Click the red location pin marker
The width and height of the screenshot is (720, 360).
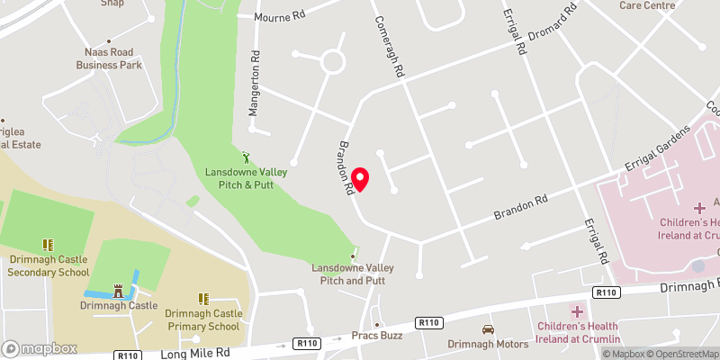(360, 179)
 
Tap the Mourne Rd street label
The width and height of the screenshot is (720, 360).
(281, 16)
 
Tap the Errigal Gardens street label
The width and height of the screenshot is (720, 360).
(656, 151)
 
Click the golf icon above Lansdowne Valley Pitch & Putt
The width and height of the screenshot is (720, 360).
(247, 157)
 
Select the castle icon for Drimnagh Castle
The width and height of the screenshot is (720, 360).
(118, 291)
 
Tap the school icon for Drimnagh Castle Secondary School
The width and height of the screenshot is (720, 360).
(48, 245)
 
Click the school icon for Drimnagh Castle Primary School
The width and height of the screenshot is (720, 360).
(203, 299)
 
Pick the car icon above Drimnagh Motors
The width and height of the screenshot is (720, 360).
(488, 329)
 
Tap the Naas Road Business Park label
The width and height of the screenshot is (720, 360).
(109, 58)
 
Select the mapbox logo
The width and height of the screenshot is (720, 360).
(39, 348)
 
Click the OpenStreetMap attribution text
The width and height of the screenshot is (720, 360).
(680, 354)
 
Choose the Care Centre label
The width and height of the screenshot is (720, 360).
(647, 4)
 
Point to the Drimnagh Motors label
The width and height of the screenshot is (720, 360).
(488, 344)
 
